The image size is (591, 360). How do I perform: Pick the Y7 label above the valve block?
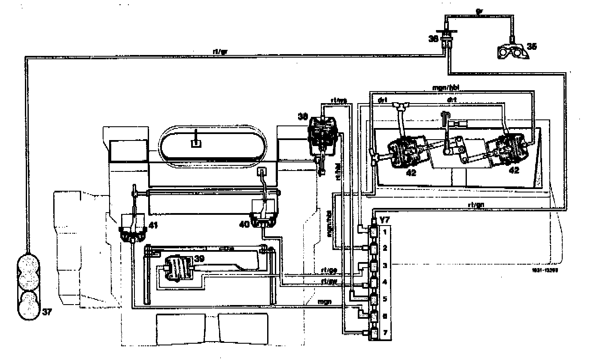click(x=384, y=220)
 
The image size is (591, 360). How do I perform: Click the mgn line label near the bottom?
click(x=323, y=302)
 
